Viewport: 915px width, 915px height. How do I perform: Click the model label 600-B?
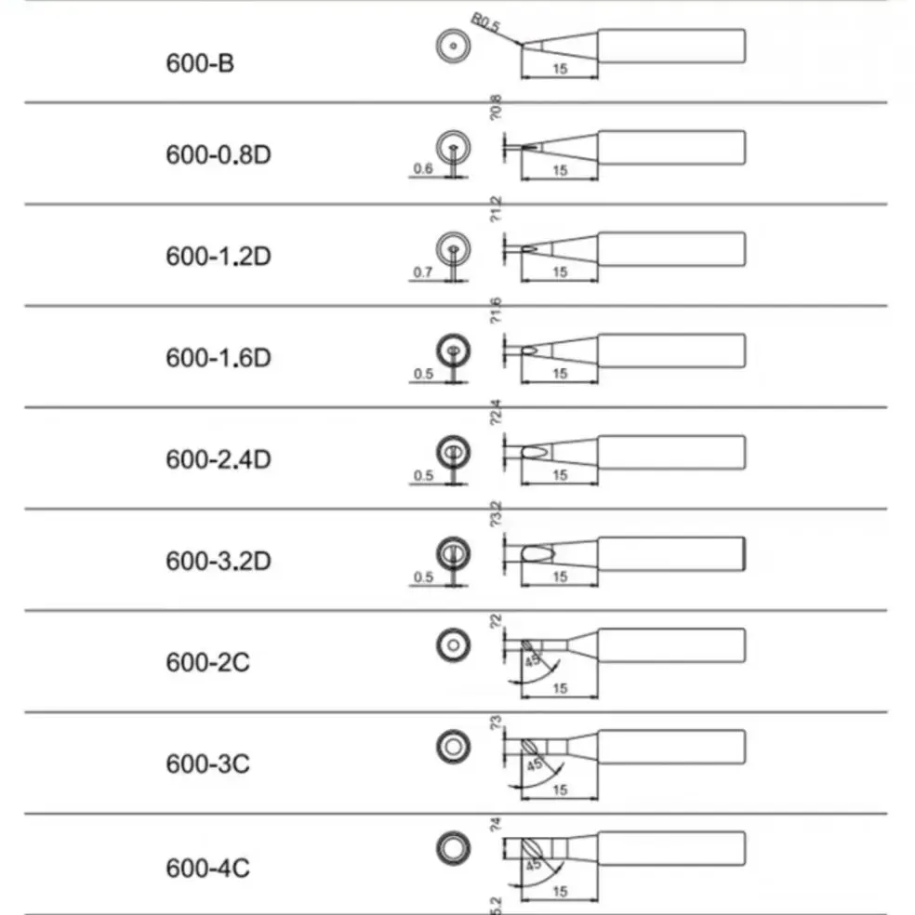200,66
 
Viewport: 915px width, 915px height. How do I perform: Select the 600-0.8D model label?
219,154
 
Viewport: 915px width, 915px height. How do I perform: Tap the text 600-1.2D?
219,256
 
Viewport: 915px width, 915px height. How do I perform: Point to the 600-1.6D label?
219,357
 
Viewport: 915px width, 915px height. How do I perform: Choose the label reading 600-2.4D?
219,459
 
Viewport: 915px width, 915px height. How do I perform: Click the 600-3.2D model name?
219,562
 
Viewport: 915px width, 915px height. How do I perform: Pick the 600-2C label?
207,663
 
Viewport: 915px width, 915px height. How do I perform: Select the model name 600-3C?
207,764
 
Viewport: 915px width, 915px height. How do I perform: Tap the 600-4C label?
207,869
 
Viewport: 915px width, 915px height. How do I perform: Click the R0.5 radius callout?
486,21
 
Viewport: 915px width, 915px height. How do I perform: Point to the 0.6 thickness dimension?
422,168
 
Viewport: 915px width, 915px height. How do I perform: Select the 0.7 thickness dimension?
422,272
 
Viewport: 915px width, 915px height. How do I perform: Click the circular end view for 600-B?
453,46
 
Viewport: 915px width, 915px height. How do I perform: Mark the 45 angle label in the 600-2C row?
533,662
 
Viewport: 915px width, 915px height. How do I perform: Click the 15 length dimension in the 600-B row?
559,69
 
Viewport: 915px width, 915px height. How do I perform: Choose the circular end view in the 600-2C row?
453,644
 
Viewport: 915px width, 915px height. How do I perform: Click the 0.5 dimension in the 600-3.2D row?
422,577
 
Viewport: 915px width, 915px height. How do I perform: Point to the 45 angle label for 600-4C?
533,865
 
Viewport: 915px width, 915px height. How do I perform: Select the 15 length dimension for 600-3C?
559,790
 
